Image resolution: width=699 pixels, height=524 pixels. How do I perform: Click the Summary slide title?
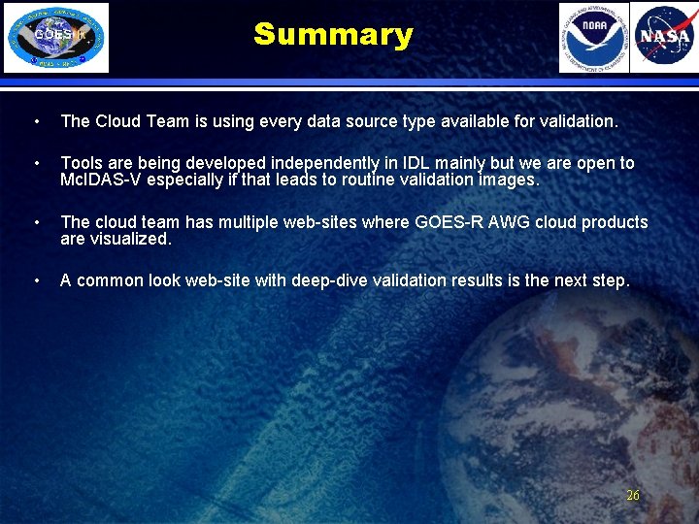pos(333,35)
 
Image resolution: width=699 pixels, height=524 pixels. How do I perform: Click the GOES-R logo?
pos(56,38)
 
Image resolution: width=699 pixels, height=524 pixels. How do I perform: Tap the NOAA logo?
pos(593,38)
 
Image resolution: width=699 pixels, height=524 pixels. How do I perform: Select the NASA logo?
pos(664,38)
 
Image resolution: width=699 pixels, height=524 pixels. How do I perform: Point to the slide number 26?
pos(633,495)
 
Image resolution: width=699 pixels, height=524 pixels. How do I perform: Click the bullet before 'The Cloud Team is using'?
pos(36,122)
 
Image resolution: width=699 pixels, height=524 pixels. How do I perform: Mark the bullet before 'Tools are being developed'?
pos(36,164)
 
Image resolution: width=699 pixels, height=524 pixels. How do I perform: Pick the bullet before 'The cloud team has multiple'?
pos(36,223)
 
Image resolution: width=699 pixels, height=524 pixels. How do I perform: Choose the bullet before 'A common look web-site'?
pos(36,281)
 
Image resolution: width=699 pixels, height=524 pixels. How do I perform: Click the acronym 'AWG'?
pos(502,222)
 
